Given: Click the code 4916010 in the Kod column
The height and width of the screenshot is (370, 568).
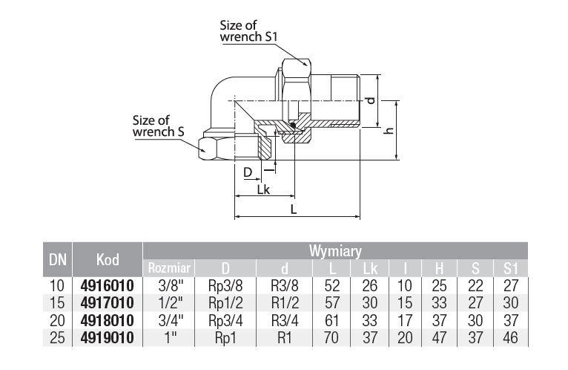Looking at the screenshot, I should point(107,285).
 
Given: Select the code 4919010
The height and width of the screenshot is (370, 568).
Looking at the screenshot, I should point(107,339).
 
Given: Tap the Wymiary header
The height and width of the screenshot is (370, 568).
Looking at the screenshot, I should point(334,251).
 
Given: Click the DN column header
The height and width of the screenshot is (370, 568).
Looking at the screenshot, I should point(57,260).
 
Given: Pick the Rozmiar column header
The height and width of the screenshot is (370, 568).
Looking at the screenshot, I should point(170,268).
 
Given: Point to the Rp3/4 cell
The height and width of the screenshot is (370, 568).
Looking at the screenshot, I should point(227,321).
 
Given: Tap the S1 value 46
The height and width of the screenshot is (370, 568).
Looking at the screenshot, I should point(510,339).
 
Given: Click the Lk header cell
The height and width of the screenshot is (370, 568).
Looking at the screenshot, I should point(371,268).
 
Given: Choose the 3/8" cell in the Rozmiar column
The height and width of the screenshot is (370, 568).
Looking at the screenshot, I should point(170,285).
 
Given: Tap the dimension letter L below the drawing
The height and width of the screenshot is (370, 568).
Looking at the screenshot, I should point(294,210).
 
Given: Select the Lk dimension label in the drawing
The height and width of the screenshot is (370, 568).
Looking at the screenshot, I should point(262,189).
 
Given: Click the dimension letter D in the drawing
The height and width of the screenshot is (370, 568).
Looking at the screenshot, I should point(248,172).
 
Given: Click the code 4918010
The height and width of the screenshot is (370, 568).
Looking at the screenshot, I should point(107,321).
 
